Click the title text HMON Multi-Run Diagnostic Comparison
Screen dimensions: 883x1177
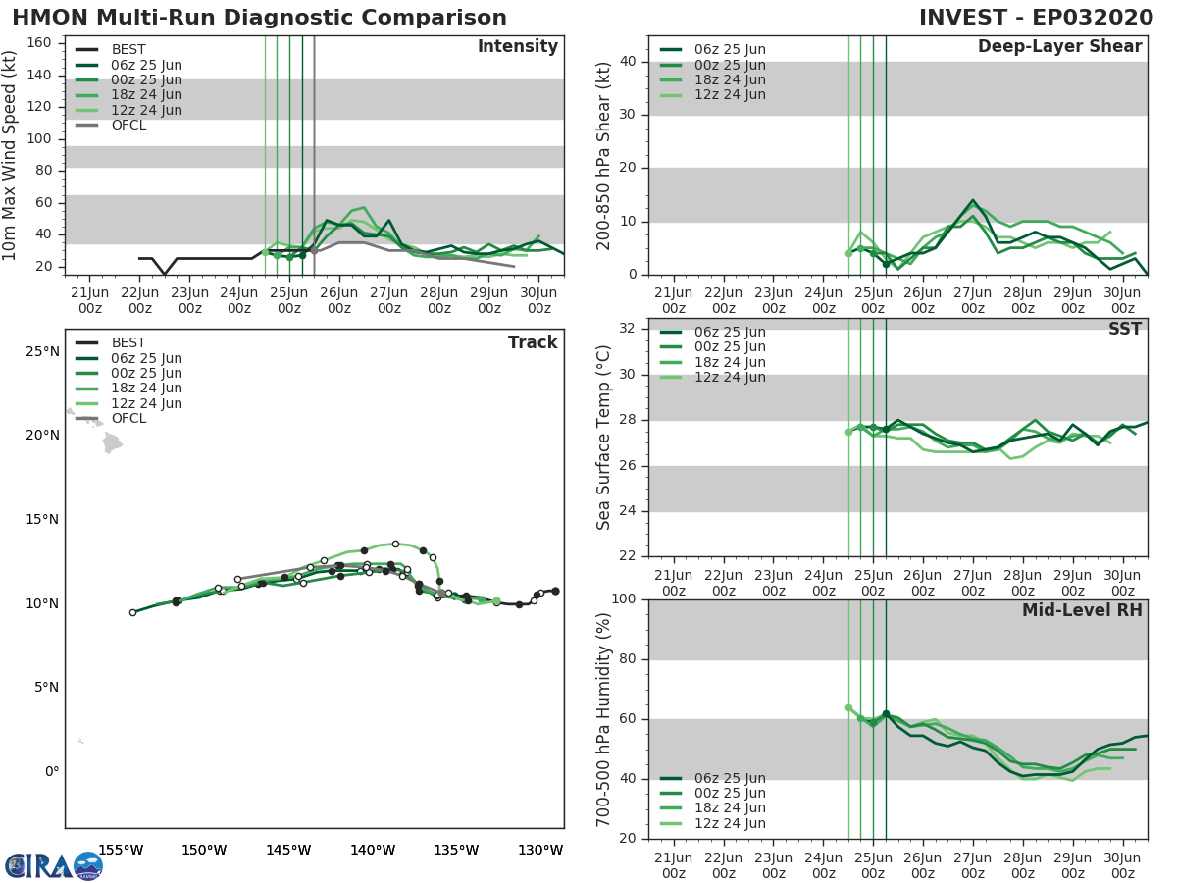pyautogui.click(x=259, y=18)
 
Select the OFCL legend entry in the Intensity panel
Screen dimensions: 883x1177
pyautogui.click(x=128, y=126)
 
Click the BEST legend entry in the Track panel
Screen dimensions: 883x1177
pyautogui.click(x=128, y=342)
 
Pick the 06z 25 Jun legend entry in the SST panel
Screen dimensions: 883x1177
pyautogui.click(x=730, y=332)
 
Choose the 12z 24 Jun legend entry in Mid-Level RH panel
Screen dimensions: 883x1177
pyautogui.click(x=730, y=823)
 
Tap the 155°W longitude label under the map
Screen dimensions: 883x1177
pyautogui.click(x=122, y=850)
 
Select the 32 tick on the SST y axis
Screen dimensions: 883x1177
pyautogui.click(x=630, y=329)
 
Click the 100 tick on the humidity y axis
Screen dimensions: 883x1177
pyautogui.click(x=625, y=599)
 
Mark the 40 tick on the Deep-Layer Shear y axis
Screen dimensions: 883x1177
pyautogui.click(x=630, y=62)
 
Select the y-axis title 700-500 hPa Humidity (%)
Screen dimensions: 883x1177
pyautogui.click(x=604, y=718)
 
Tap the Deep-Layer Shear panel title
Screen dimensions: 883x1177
pyautogui.click(x=1059, y=47)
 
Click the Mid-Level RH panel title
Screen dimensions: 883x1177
pyautogui.click(x=1082, y=610)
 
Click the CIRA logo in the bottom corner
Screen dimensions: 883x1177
pyautogui.click(x=53, y=865)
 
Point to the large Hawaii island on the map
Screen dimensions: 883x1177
pyautogui.click(x=112, y=443)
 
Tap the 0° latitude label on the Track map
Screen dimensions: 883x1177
pyautogui.click(x=51, y=771)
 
